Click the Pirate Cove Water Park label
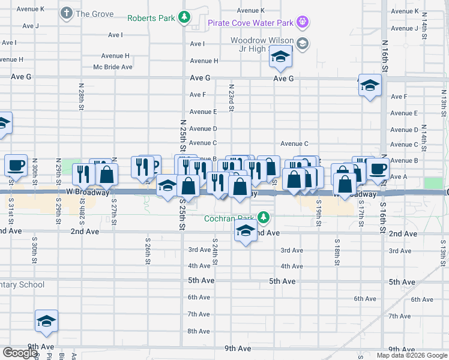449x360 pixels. point(250,23)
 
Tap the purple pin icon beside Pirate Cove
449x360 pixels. point(304,23)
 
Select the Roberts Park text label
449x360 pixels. point(151,18)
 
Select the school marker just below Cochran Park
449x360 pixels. point(246,232)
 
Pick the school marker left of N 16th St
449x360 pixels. point(370,86)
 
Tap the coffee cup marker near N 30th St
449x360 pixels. point(16,165)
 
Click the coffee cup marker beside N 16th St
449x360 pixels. point(378,169)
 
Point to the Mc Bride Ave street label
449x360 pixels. point(113,67)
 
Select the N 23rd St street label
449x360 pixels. point(231,97)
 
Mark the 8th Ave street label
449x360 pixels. point(198,331)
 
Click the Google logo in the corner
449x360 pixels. point(20,353)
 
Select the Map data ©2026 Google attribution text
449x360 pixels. point(411,355)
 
